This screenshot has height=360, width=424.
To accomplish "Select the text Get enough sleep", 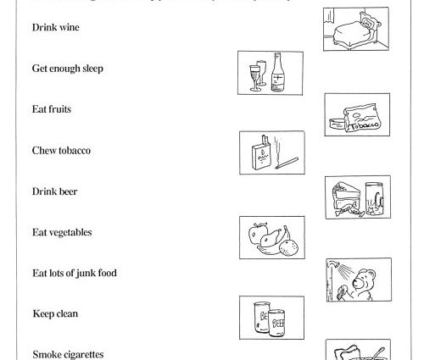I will [x=68, y=69].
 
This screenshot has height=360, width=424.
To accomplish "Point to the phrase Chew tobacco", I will [x=61, y=151].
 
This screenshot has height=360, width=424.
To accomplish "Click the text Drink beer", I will [x=54, y=191].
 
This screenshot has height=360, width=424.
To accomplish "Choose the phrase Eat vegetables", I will [x=62, y=232].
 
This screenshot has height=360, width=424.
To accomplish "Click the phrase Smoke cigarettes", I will [x=70, y=353].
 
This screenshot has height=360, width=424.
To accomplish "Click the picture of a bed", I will [x=356, y=30].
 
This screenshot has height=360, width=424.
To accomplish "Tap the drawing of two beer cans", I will [x=271, y=319].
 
